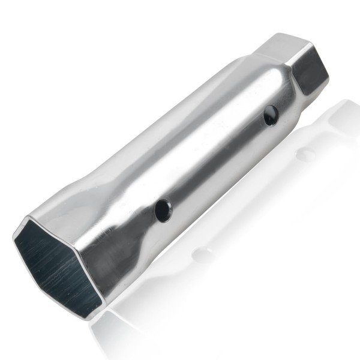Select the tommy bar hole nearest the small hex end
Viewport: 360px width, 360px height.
click(x=271, y=115)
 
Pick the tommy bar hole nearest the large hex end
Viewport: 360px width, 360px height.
click(x=163, y=209)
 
